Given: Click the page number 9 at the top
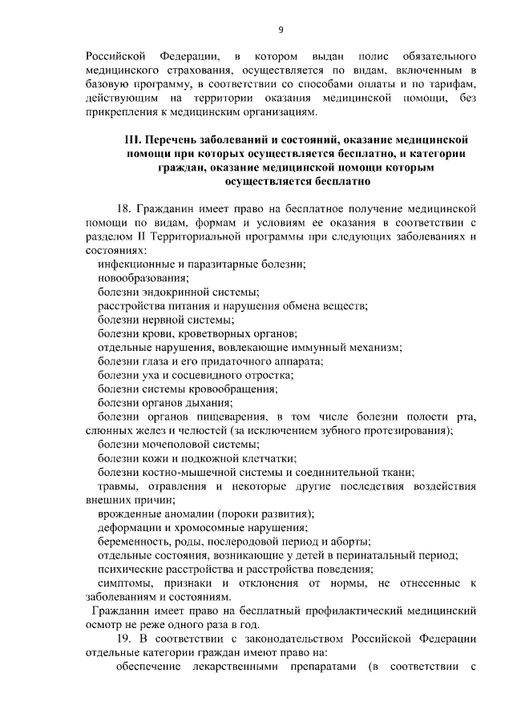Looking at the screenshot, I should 281,30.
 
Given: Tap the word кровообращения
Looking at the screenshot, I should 226,389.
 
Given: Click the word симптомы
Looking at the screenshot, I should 127,583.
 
